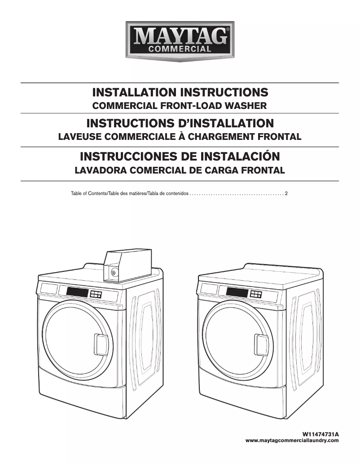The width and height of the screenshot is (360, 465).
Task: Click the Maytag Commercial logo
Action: click(180, 41)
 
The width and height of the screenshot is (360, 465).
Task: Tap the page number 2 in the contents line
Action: click(286, 194)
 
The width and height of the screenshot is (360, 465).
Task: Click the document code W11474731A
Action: click(320, 435)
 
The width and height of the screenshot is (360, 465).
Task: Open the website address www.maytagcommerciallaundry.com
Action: click(292, 441)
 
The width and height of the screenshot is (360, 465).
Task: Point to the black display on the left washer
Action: click(77, 292)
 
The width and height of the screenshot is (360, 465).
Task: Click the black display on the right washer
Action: click(237, 292)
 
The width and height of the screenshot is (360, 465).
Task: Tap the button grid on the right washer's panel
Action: click(256, 294)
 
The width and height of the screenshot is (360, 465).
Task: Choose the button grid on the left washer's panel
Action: click(96, 295)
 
